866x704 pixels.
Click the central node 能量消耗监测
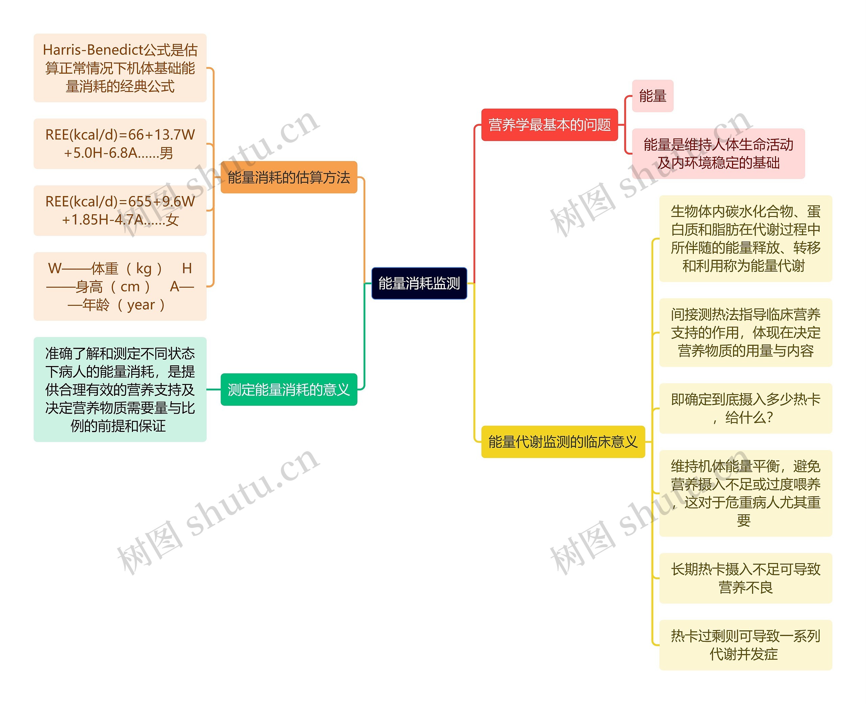pyautogui.click(x=419, y=283)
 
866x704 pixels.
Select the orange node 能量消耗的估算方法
pyautogui.click(x=289, y=177)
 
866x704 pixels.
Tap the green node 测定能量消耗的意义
pyautogui.click(x=289, y=389)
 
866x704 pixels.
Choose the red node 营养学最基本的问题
pyautogui.click(x=549, y=125)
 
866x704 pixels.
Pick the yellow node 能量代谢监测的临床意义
pyautogui.click(x=563, y=442)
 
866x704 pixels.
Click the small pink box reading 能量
pyautogui.click(x=652, y=96)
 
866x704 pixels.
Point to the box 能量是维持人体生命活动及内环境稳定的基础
pyautogui.click(x=718, y=154)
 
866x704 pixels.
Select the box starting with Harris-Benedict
pyautogui.click(x=120, y=68)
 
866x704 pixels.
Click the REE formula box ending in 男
pyautogui.click(x=120, y=144)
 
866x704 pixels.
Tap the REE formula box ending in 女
pyautogui.click(x=120, y=211)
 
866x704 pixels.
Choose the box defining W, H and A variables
pyautogui.click(x=120, y=286)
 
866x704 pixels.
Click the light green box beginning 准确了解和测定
pyautogui.click(x=120, y=389)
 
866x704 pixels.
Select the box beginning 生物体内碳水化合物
pyautogui.click(x=745, y=239)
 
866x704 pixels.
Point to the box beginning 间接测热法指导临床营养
pyautogui.click(x=745, y=333)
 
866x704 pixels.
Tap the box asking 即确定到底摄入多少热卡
pyautogui.click(x=745, y=408)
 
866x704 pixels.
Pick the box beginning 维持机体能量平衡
pyautogui.click(x=745, y=493)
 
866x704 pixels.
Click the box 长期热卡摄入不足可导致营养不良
pyautogui.click(x=745, y=578)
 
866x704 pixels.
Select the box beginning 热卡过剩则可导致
pyautogui.click(x=745, y=645)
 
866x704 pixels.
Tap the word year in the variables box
pyautogui.click(x=141, y=305)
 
